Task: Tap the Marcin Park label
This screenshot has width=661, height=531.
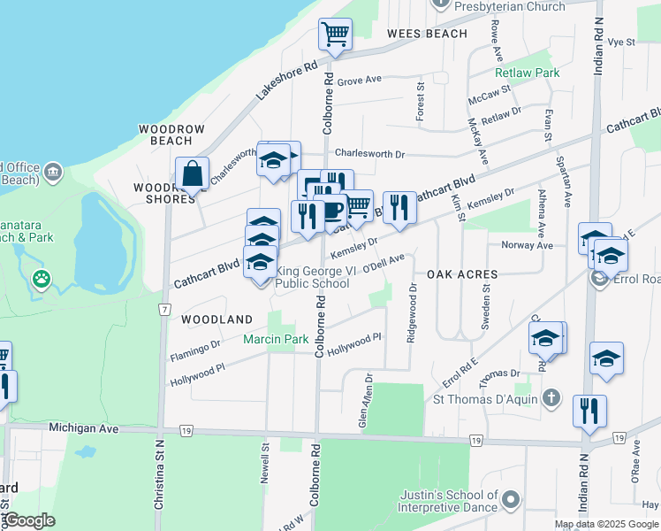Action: tap(276, 339)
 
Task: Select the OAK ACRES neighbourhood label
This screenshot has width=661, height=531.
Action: tap(462, 274)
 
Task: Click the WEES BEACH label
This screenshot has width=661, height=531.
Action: tap(427, 34)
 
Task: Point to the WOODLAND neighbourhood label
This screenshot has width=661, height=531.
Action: tap(217, 319)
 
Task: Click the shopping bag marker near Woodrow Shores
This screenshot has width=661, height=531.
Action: tap(192, 175)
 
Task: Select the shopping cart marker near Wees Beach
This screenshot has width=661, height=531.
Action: tap(335, 35)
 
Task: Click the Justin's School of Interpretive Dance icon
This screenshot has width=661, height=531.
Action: tap(511, 502)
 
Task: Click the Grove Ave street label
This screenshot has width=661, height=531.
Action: tap(359, 80)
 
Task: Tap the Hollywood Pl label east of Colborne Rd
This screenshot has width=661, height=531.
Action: tap(353, 342)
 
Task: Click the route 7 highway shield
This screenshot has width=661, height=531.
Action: tap(165, 309)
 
